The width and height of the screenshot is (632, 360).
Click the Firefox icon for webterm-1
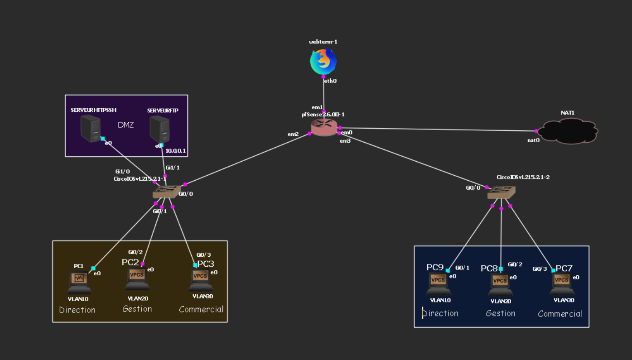pyautogui.click(x=323, y=62)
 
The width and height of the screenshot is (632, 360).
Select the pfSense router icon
pyautogui.click(x=324, y=127)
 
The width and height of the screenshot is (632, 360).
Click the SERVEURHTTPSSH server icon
pyautogui.click(x=91, y=128)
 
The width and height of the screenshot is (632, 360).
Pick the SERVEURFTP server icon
pyautogui.click(x=159, y=129)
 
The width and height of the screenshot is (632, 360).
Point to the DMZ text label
pyautogui.click(x=126, y=125)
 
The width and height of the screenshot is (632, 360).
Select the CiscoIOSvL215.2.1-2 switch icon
pyautogui.click(x=502, y=193)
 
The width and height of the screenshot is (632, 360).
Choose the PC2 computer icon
pyautogui.click(x=137, y=279)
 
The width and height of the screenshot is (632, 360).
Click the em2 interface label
pyautogui.click(x=293, y=134)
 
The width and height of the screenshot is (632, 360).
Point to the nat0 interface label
pyautogui.click(x=533, y=140)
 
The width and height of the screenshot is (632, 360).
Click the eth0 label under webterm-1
pyautogui.click(x=330, y=81)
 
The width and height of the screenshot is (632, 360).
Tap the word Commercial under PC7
pyautogui.click(x=560, y=314)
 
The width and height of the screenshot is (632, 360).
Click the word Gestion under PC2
pyautogui.click(x=137, y=309)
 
